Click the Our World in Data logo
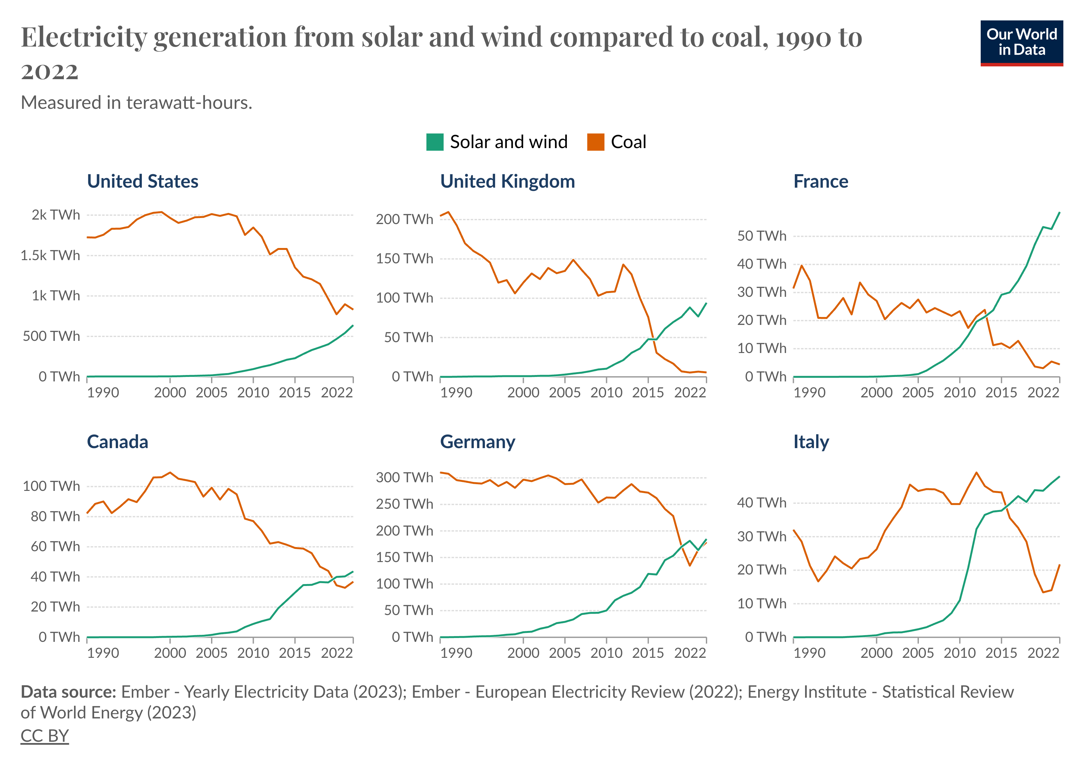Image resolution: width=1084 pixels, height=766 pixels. (x=1021, y=42)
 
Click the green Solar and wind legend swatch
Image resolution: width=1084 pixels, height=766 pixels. (x=434, y=142)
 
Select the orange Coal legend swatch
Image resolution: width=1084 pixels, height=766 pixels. (x=595, y=142)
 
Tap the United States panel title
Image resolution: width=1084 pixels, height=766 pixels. (x=143, y=182)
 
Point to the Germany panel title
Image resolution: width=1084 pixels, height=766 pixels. (x=477, y=442)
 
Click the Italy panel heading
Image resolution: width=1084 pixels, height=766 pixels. (x=811, y=442)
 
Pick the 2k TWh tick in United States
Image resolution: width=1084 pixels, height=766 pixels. (x=56, y=215)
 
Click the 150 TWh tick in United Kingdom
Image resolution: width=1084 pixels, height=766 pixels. (x=404, y=259)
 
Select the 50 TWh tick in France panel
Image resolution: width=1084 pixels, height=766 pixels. (x=762, y=236)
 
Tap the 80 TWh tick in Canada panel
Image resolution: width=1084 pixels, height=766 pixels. (x=55, y=516)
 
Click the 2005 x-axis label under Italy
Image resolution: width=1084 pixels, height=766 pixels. (x=918, y=653)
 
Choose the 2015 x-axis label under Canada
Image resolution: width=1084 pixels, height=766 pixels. (x=295, y=653)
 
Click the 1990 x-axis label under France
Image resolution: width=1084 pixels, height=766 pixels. (x=809, y=393)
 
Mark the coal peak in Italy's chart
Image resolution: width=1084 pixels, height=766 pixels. (x=976, y=473)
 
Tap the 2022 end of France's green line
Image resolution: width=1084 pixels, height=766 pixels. (x=1059, y=213)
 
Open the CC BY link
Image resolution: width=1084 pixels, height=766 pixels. (x=44, y=736)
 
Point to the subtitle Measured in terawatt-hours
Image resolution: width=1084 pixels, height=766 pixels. (x=136, y=102)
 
